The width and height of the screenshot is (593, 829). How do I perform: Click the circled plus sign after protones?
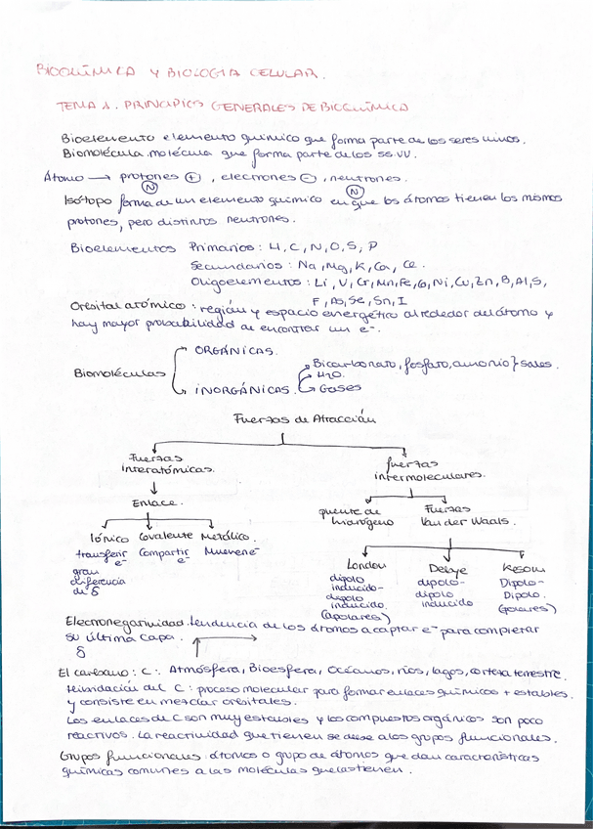tap(192, 179)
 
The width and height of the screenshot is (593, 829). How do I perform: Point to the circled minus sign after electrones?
tap(307, 178)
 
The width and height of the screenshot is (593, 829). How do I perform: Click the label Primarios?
tap(221, 247)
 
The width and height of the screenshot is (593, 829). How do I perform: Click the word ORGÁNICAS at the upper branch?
tap(233, 349)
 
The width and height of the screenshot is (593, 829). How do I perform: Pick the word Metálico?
tap(230, 538)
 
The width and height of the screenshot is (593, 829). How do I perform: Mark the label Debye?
tap(448, 569)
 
